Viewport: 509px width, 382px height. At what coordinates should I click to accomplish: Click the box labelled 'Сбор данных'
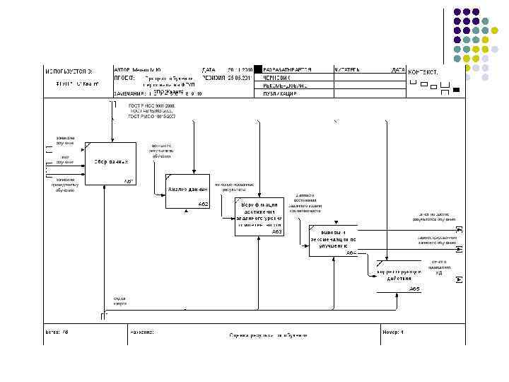click(110, 163)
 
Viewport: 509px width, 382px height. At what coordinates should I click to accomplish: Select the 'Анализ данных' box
click(187, 190)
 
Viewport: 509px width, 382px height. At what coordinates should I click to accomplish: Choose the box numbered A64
click(333, 240)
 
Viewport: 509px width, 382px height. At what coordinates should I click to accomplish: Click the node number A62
click(202, 204)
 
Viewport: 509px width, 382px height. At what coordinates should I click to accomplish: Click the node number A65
click(414, 289)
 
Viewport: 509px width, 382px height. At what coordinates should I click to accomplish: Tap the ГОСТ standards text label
click(151, 110)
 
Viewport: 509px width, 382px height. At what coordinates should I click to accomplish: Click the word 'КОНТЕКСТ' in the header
click(423, 72)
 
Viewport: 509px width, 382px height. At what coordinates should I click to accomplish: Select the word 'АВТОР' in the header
click(122, 70)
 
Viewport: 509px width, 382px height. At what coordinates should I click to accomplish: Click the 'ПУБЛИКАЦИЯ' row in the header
click(279, 93)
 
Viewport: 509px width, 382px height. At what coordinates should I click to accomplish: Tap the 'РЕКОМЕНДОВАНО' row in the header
click(282, 85)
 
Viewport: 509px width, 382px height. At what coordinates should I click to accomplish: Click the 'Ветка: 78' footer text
click(57, 331)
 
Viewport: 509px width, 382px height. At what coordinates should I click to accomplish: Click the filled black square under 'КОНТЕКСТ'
click(456, 90)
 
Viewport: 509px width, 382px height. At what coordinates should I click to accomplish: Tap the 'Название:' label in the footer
click(142, 331)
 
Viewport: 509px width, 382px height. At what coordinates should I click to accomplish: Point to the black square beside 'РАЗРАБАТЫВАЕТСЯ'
click(259, 69)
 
